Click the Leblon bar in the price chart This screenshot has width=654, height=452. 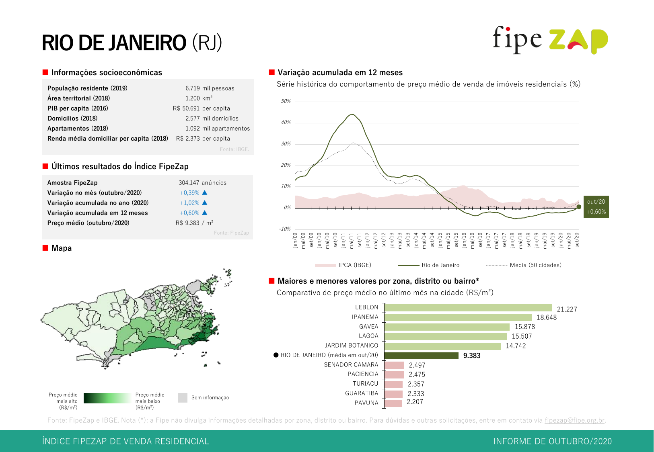coord(468,308)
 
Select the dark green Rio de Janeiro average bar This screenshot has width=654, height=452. coord(421,356)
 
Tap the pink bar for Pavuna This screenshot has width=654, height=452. coord(393,403)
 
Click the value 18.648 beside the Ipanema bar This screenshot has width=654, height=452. coord(547,317)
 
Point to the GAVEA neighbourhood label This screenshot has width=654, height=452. coord(368,327)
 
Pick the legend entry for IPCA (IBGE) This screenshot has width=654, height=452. coord(343,265)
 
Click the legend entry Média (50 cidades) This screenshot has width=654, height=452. coord(524,265)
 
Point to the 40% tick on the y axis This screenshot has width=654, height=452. coord(286,123)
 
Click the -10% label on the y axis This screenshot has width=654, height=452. coord(285,229)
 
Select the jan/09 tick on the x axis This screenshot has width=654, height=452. coord(295,240)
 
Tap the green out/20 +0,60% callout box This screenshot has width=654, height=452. coord(596,207)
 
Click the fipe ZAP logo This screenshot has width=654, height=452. coord(550,40)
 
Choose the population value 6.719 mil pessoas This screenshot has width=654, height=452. coord(210,88)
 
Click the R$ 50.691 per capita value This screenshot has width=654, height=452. coord(201,108)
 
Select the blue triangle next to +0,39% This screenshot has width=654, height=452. coord(204,193)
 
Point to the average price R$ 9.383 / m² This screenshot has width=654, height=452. coord(194,223)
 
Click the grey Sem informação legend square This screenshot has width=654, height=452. coord(183,398)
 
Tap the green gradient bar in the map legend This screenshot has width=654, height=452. coord(107,398)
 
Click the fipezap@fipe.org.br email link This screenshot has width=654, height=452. coord(574,421)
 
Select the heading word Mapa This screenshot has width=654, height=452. coord(62,248)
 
